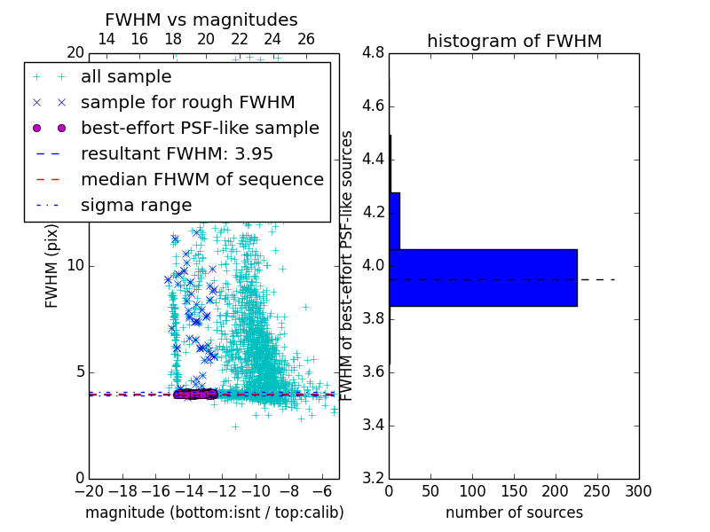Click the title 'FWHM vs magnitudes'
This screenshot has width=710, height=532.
[201, 20]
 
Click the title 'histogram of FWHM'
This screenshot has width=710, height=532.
[514, 41]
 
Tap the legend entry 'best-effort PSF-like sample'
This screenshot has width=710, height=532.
[200, 128]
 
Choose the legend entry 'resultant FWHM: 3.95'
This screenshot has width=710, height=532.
[177, 153]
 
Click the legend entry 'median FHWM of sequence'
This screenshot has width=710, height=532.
[201, 179]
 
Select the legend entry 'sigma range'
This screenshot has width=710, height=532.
[136, 205]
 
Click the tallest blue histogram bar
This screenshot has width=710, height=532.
[483, 278]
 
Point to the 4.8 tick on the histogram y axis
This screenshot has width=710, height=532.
[373, 53]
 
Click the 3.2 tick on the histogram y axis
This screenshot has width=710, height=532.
[373, 478]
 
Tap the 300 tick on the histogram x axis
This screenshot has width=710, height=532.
[638, 490]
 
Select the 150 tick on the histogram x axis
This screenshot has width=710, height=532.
[514, 490]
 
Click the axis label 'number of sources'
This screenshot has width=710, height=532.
[514, 512]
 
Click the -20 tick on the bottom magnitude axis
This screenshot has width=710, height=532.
[89, 490]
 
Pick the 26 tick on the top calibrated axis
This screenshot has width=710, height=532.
[306, 39]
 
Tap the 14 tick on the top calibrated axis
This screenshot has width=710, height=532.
[106, 39]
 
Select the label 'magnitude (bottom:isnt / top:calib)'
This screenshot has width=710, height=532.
[214, 512]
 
